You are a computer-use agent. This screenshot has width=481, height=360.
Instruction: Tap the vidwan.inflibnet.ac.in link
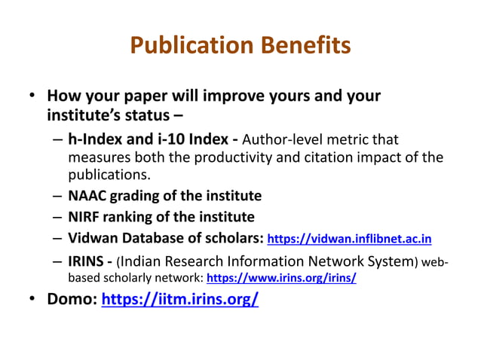[350, 239]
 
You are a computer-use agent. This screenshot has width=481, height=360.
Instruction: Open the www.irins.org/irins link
[281, 277]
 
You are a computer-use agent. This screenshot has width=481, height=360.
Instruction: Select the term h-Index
[97, 139]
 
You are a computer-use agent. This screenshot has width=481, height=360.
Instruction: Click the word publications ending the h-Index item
[109, 175]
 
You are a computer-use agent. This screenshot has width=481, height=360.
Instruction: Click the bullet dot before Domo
[33, 300]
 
